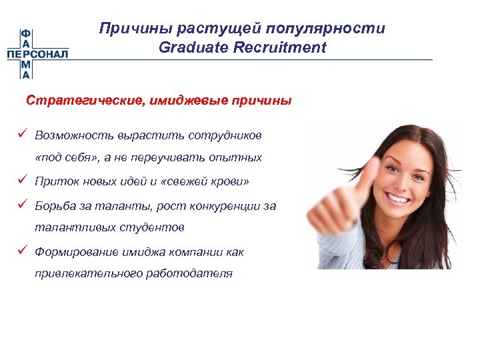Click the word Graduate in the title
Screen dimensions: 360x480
189,47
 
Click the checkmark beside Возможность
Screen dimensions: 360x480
23,135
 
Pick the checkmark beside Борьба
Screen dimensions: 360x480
23,205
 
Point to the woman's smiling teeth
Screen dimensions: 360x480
398,198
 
